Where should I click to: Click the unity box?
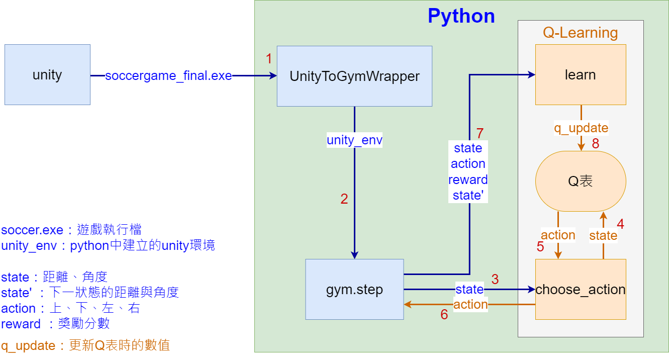pos(47,75)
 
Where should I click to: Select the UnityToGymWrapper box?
pos(354,76)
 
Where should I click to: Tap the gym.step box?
pos(354,290)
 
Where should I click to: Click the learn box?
pos(580,75)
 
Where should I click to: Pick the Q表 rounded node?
pos(580,182)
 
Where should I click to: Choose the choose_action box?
pos(580,290)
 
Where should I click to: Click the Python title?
pos(461,16)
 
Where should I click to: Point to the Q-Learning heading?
pos(580,33)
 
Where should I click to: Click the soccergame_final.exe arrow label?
pos(168,76)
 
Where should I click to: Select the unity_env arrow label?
pos(354,140)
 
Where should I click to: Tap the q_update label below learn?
pos(581,128)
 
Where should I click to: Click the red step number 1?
pos(269,59)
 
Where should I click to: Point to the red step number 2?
pos(344,199)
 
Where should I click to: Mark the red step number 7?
pos(480,134)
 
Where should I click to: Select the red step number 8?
pos(596,144)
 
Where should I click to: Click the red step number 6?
pos(444,314)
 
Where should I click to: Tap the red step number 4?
pos(620,224)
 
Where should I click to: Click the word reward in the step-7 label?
pos(468,180)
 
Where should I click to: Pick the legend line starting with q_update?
pos(85,346)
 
